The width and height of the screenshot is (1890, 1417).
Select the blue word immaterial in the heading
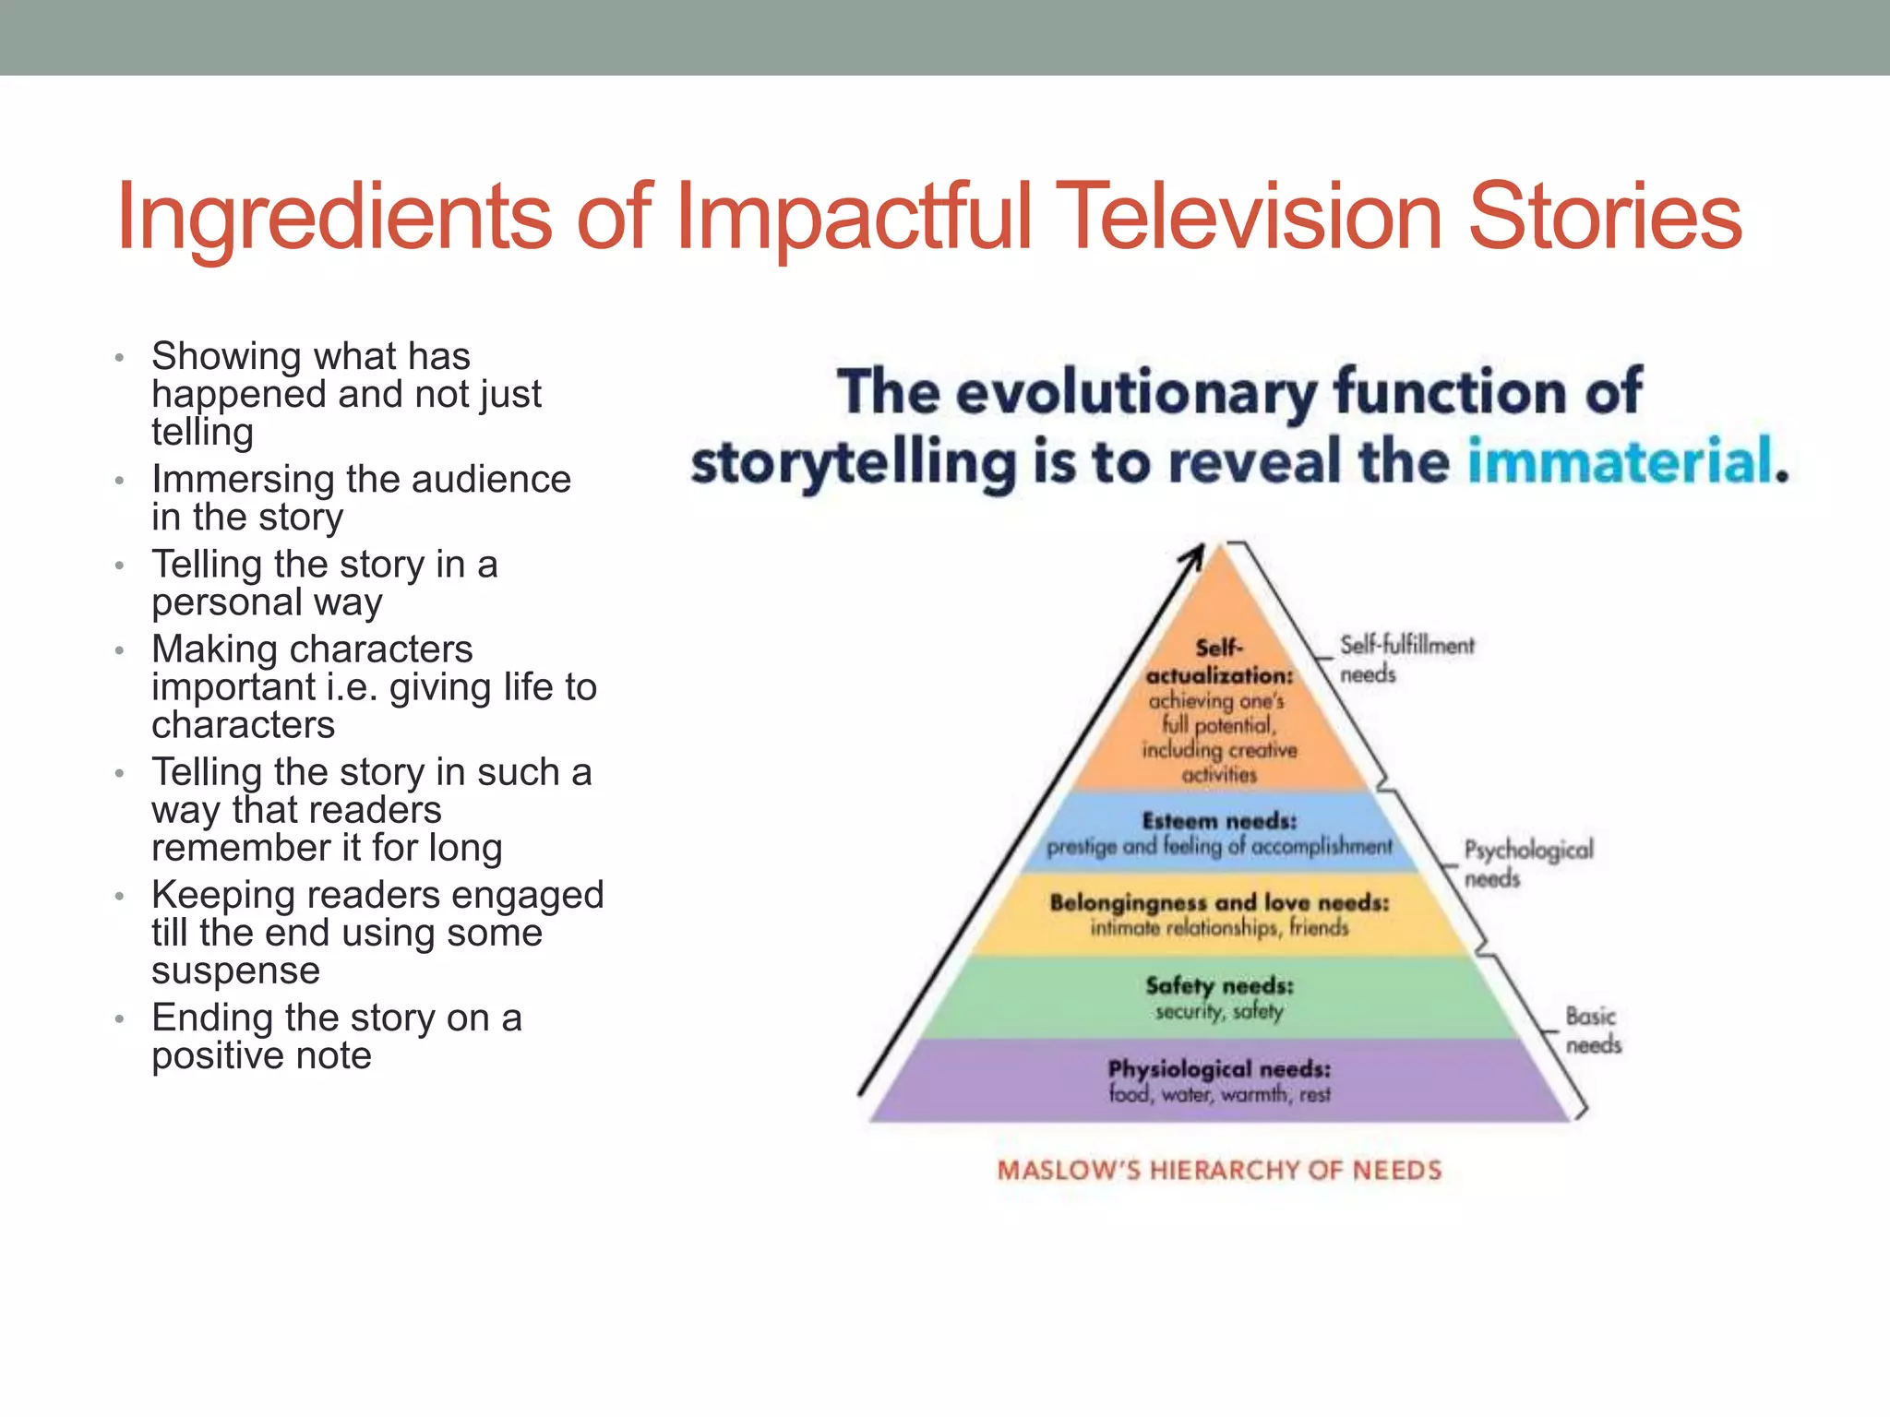(x=1621, y=461)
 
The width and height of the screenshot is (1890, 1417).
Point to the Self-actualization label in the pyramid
(x=1219, y=662)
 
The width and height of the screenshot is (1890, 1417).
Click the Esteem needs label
(x=1219, y=820)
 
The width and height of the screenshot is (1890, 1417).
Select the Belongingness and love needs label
(x=1219, y=902)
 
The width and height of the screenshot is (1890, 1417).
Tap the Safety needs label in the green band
(x=1219, y=985)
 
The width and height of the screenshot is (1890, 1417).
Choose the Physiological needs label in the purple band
(x=1219, y=1068)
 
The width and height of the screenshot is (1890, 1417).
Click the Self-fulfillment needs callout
(x=1406, y=659)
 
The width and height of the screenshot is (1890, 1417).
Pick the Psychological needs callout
(x=1527, y=863)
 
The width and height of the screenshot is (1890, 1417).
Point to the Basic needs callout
(x=1592, y=1030)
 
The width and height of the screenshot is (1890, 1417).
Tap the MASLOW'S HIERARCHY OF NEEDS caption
(x=1219, y=1170)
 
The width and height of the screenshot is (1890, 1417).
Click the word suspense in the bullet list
(x=235, y=970)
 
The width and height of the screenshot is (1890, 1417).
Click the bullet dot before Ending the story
(x=119, y=1019)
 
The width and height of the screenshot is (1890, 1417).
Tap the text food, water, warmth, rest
(x=1219, y=1095)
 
